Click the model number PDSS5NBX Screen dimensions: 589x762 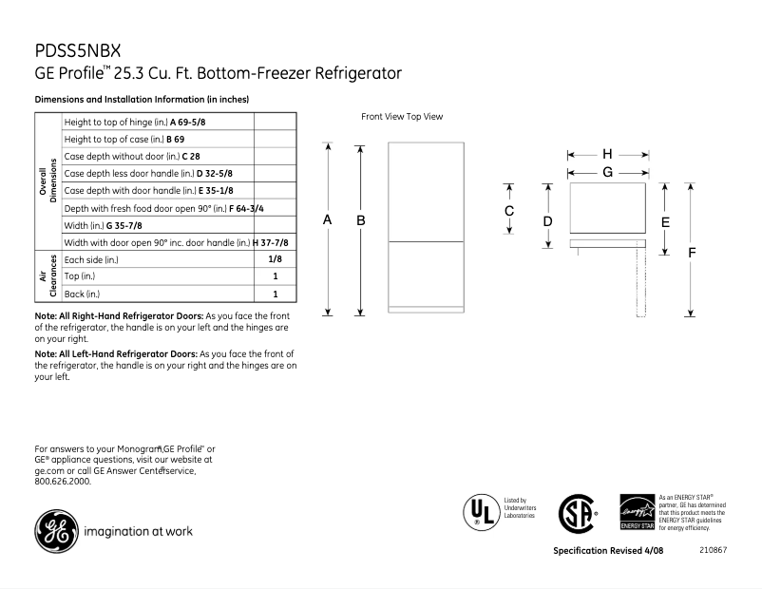click(78, 48)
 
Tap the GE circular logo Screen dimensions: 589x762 click(56, 530)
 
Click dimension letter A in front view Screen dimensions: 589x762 click(327, 219)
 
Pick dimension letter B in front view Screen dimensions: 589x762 click(361, 219)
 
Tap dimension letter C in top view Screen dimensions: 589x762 click(509, 210)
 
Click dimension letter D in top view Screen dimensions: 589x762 click(547, 221)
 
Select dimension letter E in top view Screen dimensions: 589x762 click(665, 222)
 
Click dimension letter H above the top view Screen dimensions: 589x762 click(607, 154)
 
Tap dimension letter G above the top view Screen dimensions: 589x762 click(607, 172)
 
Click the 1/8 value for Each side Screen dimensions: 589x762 click(275, 259)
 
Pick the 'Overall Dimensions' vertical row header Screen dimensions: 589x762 click(48, 181)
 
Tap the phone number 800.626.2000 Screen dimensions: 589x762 click(63, 482)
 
